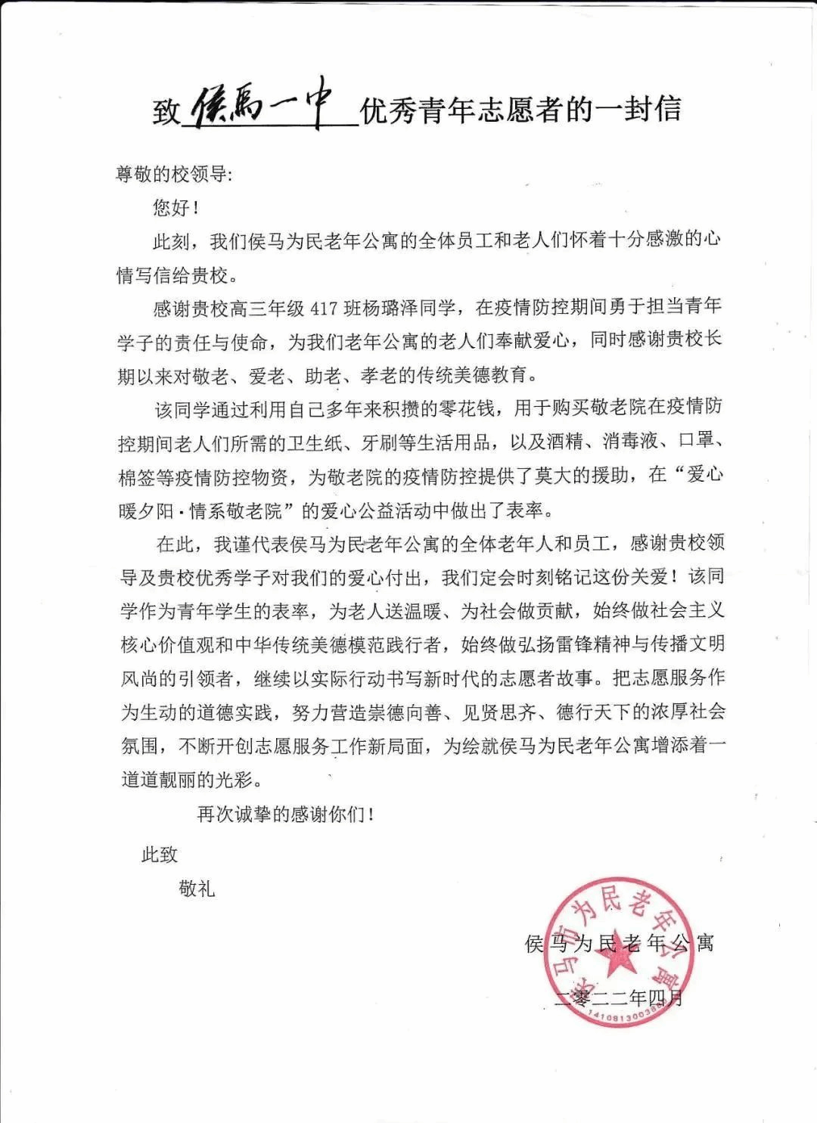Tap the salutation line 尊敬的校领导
[173, 175]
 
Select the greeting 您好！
[176, 207]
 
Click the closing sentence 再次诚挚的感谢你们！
[286, 814]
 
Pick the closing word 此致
[160, 855]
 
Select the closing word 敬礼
[197, 889]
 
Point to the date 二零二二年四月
[619, 998]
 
